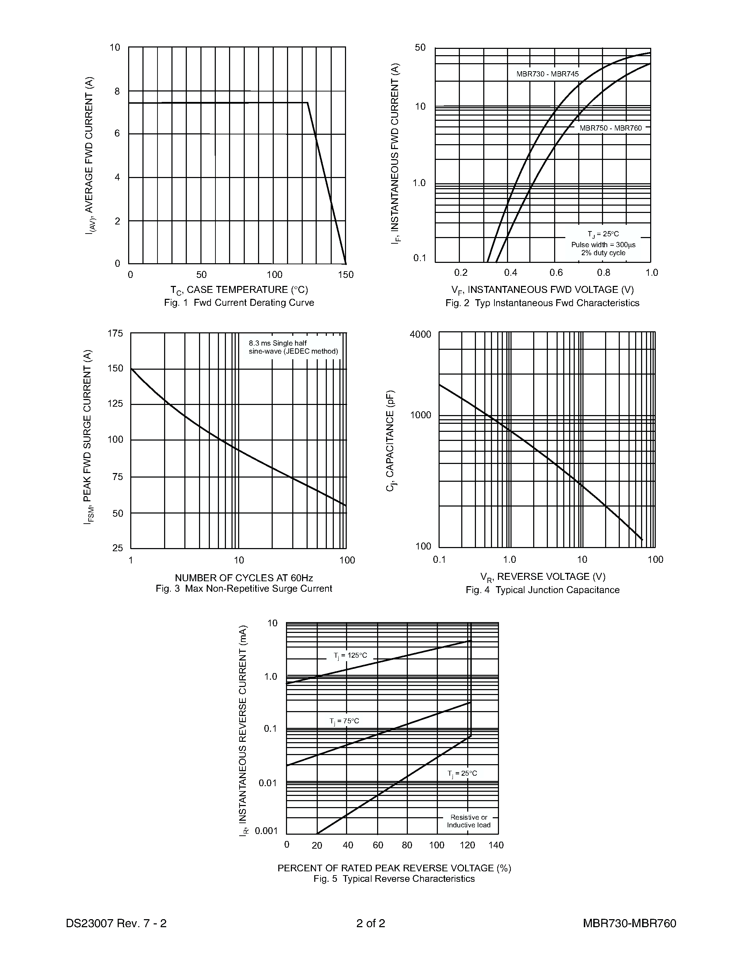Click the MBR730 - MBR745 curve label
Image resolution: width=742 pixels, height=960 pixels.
(x=547, y=74)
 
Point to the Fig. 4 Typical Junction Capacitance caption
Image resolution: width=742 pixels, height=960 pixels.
(x=542, y=590)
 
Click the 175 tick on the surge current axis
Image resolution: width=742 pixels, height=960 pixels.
(x=115, y=334)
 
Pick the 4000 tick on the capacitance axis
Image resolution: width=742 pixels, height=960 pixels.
(x=420, y=334)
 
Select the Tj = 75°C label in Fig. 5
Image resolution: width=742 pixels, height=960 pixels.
(x=344, y=721)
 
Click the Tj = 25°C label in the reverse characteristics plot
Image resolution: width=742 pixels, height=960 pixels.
(x=462, y=773)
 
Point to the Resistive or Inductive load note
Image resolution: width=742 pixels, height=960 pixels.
(x=469, y=821)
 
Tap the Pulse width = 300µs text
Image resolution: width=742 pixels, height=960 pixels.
(x=603, y=244)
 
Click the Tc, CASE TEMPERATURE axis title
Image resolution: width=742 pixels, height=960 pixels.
(x=239, y=290)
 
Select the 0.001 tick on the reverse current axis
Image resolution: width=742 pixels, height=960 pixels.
(x=266, y=831)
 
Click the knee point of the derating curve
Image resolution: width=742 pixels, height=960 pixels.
(x=307, y=103)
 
